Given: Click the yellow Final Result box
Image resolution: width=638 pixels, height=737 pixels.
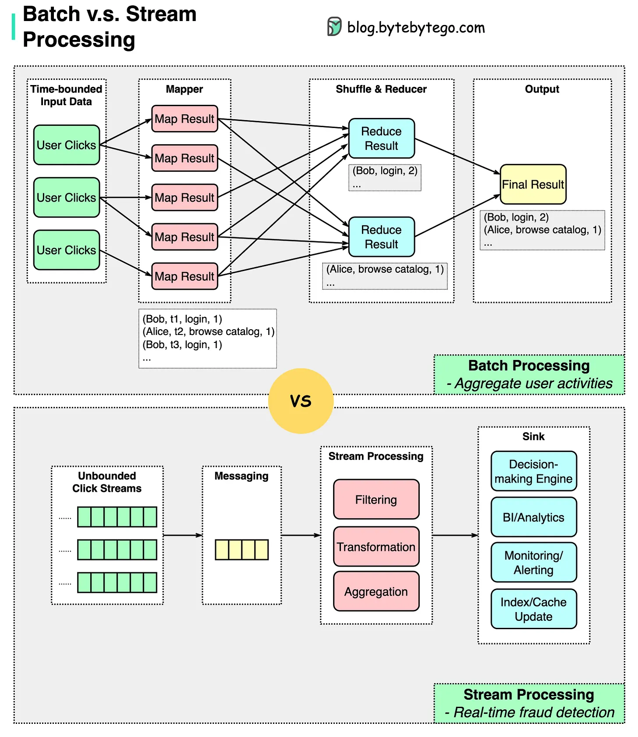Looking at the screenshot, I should [533, 184].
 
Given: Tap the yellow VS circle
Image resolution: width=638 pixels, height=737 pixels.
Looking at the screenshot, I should [301, 401].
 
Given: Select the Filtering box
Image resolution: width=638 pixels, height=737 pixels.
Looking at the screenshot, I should [376, 499].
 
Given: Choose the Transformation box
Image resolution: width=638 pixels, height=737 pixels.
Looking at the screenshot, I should [376, 547].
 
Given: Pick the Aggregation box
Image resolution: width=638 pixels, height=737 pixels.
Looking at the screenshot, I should [376, 591].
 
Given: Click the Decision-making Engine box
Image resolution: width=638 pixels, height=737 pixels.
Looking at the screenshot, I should [533, 471].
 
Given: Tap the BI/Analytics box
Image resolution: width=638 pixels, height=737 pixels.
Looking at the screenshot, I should [533, 517].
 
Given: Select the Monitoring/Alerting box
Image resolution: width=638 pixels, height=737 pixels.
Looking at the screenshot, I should [533, 563].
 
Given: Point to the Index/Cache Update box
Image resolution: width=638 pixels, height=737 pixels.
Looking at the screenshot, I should [533, 609].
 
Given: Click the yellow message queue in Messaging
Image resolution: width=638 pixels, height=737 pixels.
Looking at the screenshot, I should [241, 550].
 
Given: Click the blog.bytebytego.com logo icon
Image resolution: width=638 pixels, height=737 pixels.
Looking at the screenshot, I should [334, 27].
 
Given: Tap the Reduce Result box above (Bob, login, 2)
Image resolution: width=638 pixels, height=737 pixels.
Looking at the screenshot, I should [381, 139].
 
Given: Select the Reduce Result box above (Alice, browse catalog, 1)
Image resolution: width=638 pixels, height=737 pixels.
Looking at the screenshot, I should [381, 237].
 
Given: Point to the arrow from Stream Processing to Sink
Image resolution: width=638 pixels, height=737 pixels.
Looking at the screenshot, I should [454, 535].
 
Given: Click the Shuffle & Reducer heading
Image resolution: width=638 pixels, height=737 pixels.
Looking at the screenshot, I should [381, 89].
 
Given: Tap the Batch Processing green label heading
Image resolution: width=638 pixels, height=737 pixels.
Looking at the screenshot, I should [529, 366].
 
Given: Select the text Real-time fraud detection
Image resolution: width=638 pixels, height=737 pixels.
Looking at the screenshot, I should [534, 712].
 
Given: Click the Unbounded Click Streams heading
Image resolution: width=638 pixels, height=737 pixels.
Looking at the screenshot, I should [107, 482].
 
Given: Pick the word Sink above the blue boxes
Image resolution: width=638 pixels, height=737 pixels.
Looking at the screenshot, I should [533, 437].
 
